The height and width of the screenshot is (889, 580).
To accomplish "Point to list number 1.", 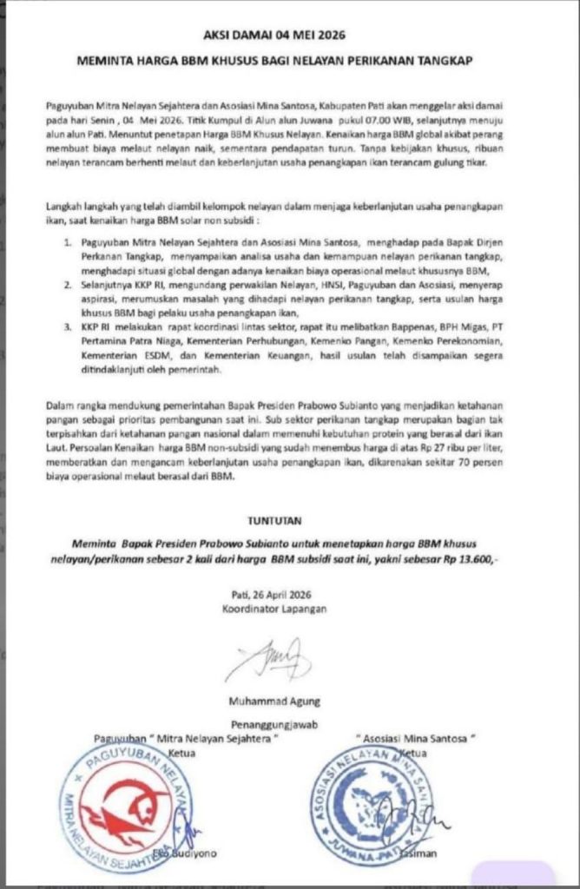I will pyautogui.click(x=67, y=235).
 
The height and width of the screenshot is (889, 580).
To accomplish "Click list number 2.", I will pyautogui.click(x=67, y=284).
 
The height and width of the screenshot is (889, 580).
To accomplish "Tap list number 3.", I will pyautogui.click(x=67, y=326).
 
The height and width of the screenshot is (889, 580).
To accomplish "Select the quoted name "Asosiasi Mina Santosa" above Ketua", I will pyautogui.click(x=422, y=737).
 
